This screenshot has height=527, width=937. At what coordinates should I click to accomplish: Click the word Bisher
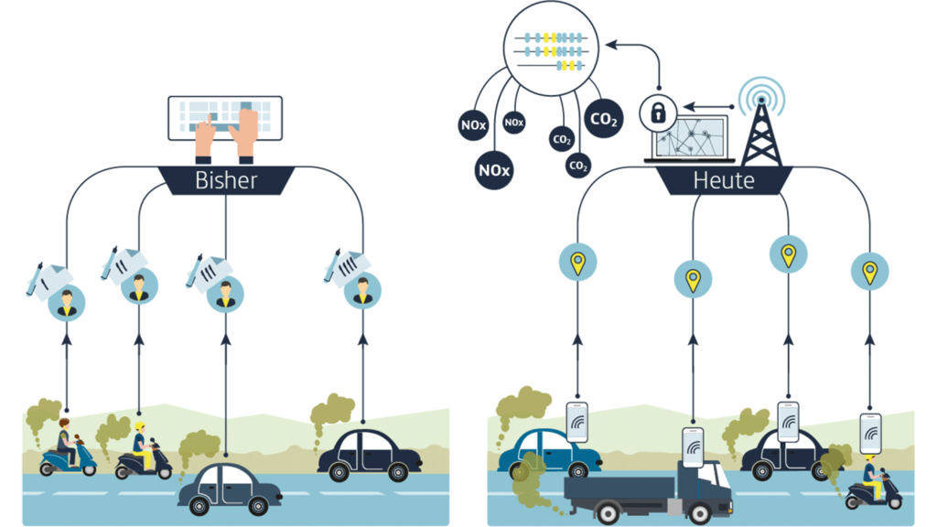(226, 180)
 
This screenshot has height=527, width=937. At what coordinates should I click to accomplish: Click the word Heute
(724, 180)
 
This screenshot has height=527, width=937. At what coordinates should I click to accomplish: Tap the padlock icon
(657, 113)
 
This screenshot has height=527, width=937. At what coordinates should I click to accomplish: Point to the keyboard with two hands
(225, 119)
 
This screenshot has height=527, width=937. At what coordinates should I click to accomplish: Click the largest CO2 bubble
(603, 120)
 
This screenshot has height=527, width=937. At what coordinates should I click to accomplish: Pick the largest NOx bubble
(494, 170)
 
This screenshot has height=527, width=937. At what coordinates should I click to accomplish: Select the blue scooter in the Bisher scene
(69, 457)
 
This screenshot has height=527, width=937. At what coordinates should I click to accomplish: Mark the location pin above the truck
(694, 278)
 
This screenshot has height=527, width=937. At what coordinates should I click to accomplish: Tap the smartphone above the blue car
(577, 420)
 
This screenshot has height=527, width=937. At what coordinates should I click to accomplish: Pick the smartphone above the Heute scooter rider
(870, 430)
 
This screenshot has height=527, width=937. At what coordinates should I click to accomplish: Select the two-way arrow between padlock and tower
(704, 105)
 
